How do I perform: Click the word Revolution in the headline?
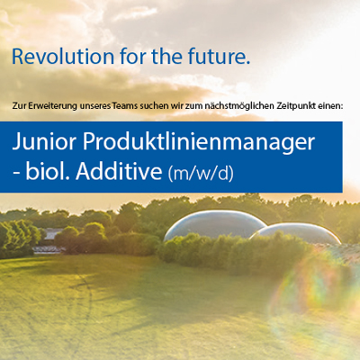63,57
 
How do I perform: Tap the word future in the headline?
219,57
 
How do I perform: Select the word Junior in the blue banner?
44,142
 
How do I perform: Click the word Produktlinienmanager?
199,142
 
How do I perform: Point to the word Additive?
119,171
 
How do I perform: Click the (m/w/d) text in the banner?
201,173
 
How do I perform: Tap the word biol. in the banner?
48,171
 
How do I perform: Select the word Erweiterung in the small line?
53,106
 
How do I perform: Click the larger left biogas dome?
214,224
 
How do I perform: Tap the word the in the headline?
166,57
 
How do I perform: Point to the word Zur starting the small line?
19,106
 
